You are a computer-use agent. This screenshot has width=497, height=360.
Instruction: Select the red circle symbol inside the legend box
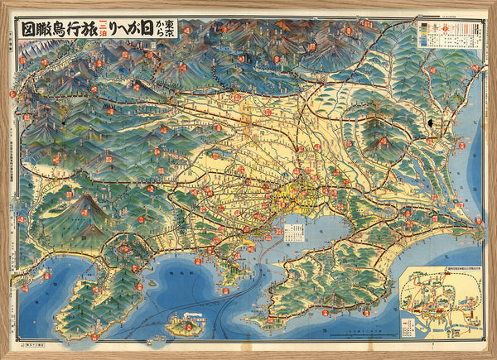pos(444,28)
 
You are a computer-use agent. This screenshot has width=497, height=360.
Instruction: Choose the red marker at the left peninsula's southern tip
pos(94,336)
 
